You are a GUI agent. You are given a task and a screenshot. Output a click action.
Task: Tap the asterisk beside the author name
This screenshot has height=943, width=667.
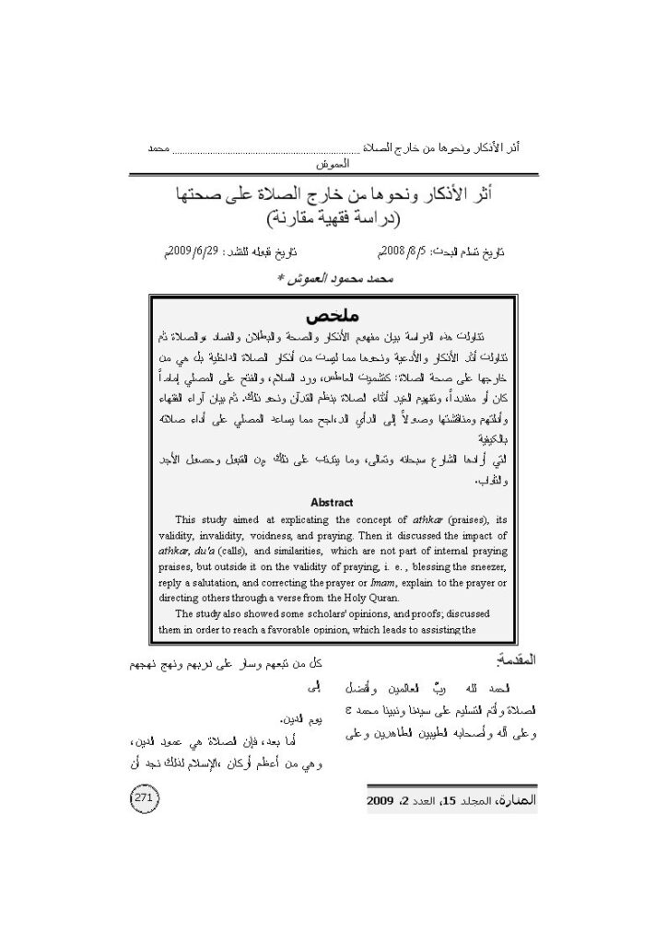(x=281, y=277)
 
